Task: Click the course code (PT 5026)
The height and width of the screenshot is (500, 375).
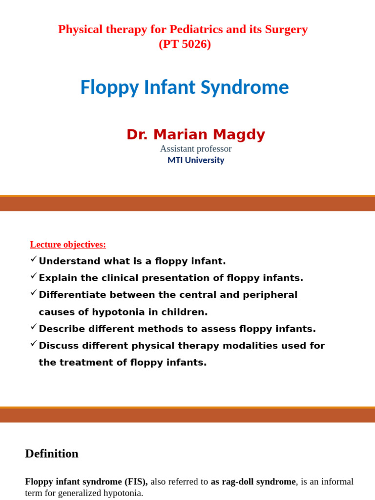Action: tap(185, 44)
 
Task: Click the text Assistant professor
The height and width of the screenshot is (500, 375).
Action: tap(195, 148)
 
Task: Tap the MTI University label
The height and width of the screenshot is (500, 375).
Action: tap(195, 160)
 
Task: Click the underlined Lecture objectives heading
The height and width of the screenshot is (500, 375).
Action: tap(68, 244)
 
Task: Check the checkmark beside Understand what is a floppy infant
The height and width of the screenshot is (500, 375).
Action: tap(33, 259)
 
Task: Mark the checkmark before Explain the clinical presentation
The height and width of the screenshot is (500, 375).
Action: tap(33, 276)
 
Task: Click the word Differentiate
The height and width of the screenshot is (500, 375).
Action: tap(72, 295)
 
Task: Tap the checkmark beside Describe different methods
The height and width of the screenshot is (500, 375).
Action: tap(33, 326)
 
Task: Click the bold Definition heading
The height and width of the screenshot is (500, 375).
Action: tap(52, 454)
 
